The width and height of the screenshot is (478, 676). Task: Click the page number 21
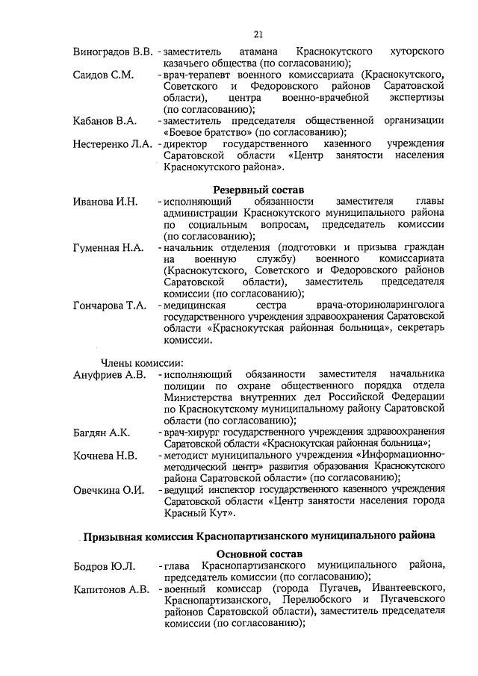point(258,34)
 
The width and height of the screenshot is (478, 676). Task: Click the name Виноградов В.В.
point(113,52)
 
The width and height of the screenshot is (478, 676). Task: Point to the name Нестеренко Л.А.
point(114,143)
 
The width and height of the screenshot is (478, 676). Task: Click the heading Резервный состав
point(258,190)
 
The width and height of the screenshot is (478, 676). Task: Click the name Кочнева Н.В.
point(105,455)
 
